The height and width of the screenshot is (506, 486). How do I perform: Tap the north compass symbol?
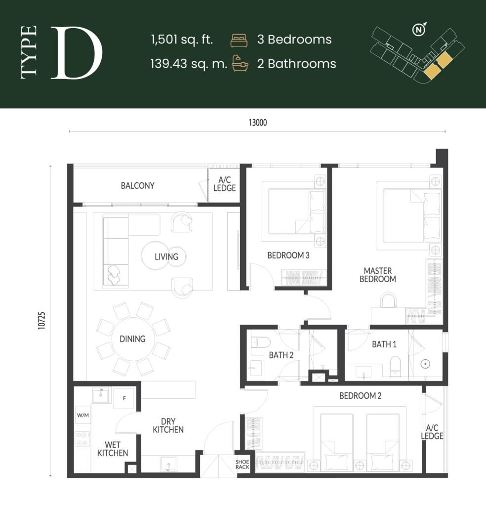(x=419, y=30)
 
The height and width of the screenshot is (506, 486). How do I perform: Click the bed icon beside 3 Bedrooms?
(x=239, y=40)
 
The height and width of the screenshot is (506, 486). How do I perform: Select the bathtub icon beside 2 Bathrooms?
(x=240, y=64)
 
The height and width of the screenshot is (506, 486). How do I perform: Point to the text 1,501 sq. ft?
(x=182, y=40)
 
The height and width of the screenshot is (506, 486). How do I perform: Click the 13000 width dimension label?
(x=257, y=123)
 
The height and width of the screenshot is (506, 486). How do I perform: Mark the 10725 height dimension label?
(x=42, y=321)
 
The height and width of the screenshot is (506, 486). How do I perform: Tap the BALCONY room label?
(x=138, y=186)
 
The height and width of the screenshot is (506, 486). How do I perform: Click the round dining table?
(x=133, y=339)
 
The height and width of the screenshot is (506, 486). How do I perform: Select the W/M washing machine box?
(x=82, y=415)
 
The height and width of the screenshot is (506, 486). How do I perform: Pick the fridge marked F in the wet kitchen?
(x=123, y=398)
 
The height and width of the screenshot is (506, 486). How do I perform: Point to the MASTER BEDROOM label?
(x=377, y=275)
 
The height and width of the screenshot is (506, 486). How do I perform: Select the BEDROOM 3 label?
(x=288, y=255)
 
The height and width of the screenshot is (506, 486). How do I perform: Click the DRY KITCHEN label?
(x=168, y=425)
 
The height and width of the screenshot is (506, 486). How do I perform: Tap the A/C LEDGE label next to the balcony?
(x=224, y=184)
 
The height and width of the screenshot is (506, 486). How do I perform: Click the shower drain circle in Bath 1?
(x=425, y=364)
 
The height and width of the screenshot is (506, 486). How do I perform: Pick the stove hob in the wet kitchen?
(x=81, y=438)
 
